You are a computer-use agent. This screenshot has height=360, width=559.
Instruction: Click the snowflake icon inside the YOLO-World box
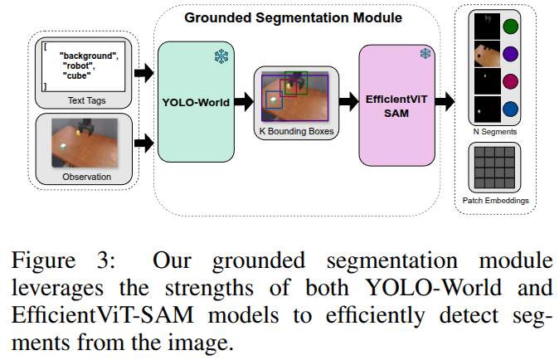(x=221, y=57)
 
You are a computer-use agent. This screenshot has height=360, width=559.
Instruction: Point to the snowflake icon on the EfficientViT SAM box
(x=425, y=54)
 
